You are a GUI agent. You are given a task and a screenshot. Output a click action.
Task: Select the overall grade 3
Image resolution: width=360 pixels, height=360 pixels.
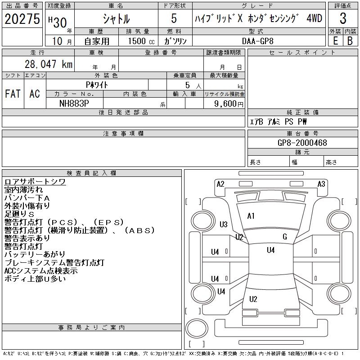(343, 19)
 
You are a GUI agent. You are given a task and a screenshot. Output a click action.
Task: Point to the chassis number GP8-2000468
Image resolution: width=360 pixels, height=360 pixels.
(302, 143)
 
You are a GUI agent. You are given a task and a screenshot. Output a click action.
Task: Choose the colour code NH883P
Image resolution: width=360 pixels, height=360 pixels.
(74, 103)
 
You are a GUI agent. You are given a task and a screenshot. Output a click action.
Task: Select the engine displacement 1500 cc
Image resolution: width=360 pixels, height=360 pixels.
(138, 40)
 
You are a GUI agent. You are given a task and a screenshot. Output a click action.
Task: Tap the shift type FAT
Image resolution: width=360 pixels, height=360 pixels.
(13, 94)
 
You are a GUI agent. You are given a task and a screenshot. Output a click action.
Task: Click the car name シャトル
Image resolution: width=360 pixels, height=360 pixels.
(116, 19)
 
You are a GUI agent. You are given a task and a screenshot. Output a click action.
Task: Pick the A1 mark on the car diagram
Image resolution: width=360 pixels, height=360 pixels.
(251, 216)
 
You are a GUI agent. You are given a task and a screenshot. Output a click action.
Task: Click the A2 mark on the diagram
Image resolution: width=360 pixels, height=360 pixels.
(220, 184)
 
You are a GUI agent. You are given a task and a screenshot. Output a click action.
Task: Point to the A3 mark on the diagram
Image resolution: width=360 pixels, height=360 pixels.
(321, 184)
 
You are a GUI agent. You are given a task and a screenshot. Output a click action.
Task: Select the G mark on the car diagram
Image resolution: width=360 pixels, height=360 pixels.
(284, 237)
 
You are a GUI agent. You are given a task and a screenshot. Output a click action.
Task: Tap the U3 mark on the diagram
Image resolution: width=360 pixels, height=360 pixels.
(224, 225)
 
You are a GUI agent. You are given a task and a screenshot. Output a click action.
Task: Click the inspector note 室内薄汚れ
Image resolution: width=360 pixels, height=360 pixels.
(24, 190)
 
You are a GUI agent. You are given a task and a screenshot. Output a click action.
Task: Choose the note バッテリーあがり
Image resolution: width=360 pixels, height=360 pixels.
(35, 255)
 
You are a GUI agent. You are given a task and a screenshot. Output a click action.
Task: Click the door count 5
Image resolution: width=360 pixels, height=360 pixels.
(174, 19)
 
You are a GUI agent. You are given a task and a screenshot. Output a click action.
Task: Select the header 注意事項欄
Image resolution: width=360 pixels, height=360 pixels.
(123, 134)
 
